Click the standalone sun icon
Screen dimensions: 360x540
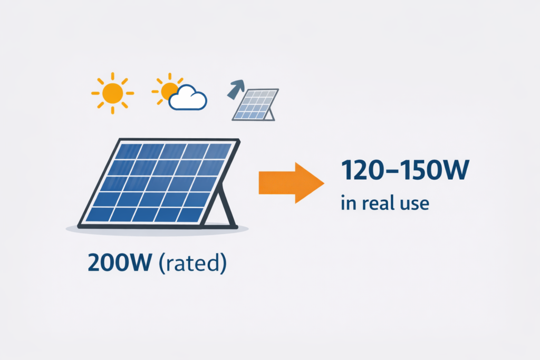(x=112, y=93)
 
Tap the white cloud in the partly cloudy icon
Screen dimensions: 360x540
(x=188, y=99)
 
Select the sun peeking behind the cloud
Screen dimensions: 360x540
(x=168, y=89)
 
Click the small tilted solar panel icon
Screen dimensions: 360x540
(x=255, y=104)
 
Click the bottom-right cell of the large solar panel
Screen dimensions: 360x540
(x=187, y=214)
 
